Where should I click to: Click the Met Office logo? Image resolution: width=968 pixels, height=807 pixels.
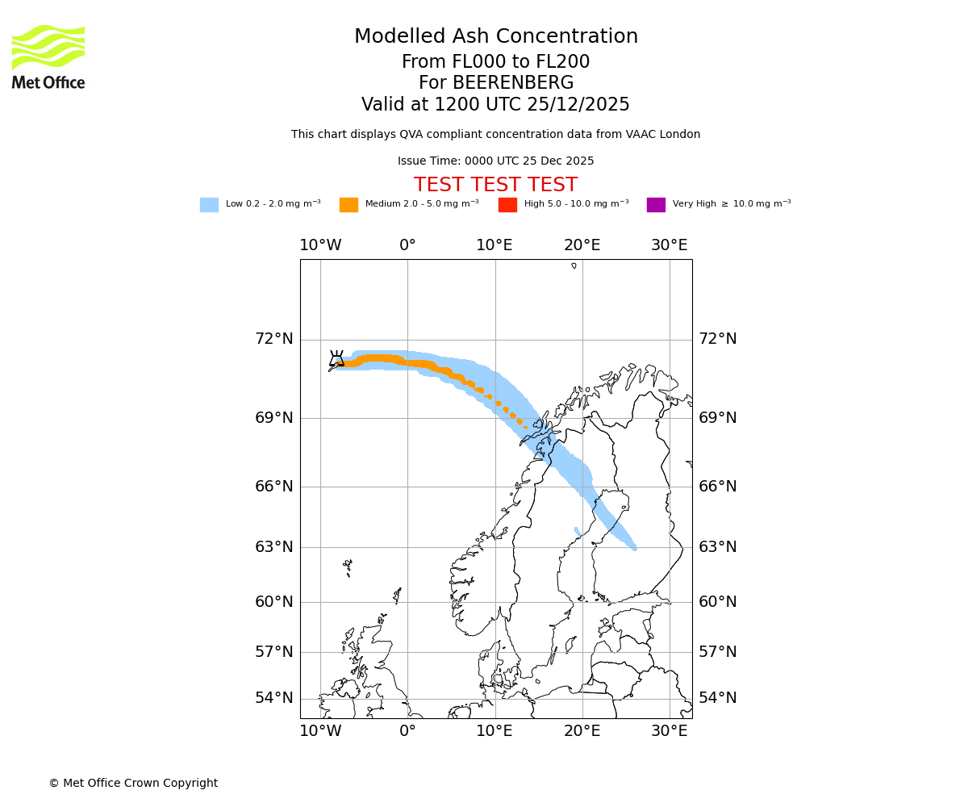[x=48, y=56]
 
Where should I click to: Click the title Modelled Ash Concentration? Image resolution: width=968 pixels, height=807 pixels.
[x=495, y=36]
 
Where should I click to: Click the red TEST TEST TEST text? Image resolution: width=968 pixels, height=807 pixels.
[x=495, y=185]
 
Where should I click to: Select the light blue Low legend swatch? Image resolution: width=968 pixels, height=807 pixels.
[x=209, y=205]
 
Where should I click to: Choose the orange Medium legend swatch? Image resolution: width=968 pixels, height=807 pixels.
[x=348, y=205]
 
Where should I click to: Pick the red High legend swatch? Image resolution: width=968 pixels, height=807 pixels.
[x=507, y=205]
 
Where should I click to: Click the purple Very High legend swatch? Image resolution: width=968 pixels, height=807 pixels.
[x=656, y=205]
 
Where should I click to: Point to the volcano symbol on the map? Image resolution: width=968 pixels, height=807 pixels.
[x=337, y=358]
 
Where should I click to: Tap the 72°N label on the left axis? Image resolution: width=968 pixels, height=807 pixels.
[x=274, y=339]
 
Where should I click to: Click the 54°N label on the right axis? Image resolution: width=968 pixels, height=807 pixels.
[x=717, y=698]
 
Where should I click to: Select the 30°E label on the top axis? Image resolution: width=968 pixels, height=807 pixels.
[x=670, y=245]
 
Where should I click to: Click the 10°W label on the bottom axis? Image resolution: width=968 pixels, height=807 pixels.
[x=320, y=731]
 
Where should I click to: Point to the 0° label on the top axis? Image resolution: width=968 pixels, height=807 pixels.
[x=407, y=245]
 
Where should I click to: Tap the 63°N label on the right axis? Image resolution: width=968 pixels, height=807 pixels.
[x=717, y=547]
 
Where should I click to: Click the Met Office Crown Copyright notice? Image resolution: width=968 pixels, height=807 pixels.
[x=133, y=783]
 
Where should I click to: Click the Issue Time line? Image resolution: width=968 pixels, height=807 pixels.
[x=495, y=161]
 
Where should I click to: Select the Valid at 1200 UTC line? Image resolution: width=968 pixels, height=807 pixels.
[x=495, y=105]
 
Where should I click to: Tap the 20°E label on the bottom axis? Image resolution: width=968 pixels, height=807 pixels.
[x=582, y=731]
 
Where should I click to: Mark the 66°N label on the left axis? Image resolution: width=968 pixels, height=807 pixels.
[x=274, y=487]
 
